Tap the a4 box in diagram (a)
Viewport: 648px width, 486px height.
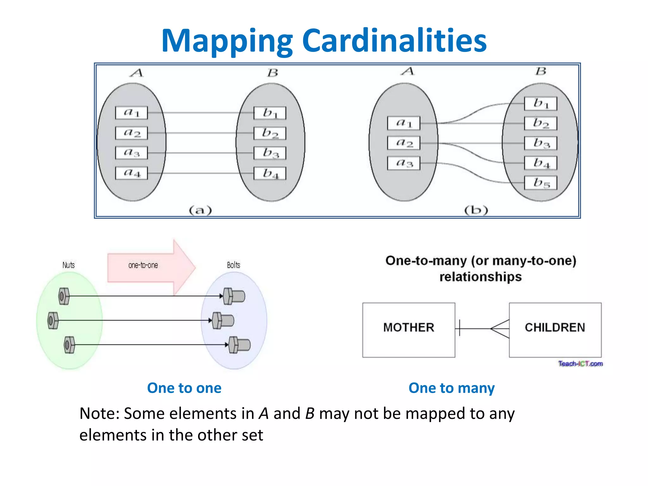pyautogui.click(x=131, y=173)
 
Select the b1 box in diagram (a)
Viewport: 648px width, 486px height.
pyautogui.click(x=270, y=113)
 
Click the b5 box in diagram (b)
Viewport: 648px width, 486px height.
pyautogui.click(x=540, y=183)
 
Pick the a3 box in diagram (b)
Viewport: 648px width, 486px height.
pyautogui.click(x=404, y=163)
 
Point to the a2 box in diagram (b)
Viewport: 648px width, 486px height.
pyautogui.click(x=404, y=143)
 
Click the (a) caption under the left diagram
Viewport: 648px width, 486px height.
pyautogui.click(x=200, y=210)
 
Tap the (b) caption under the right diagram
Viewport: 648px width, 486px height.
pyautogui.click(x=476, y=210)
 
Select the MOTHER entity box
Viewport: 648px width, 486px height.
pyautogui.click(x=408, y=330)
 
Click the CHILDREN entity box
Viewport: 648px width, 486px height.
pyautogui.click(x=555, y=330)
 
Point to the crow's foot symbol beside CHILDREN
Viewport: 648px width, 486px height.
pyautogui.click(x=500, y=329)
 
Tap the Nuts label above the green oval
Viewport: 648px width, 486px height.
pyautogui.click(x=68, y=265)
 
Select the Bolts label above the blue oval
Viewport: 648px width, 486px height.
pyautogui.click(x=234, y=265)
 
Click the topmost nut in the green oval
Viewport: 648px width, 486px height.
pyautogui.click(x=64, y=296)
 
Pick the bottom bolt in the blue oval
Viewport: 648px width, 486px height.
pyautogui.click(x=240, y=345)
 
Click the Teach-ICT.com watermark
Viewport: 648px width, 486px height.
pyautogui.click(x=580, y=364)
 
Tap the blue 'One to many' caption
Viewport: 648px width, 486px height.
pyautogui.click(x=452, y=388)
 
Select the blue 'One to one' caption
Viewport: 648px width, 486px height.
pyautogui.click(x=184, y=388)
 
